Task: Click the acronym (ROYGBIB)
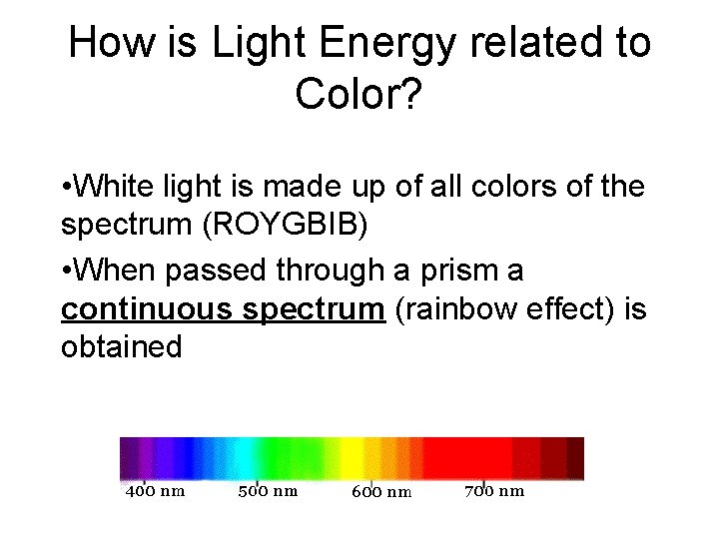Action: (x=285, y=226)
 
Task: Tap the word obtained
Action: (x=122, y=347)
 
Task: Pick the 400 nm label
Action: (x=155, y=490)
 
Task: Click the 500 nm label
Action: (x=268, y=490)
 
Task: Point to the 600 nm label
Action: (x=381, y=491)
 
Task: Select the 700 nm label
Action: (x=494, y=490)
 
